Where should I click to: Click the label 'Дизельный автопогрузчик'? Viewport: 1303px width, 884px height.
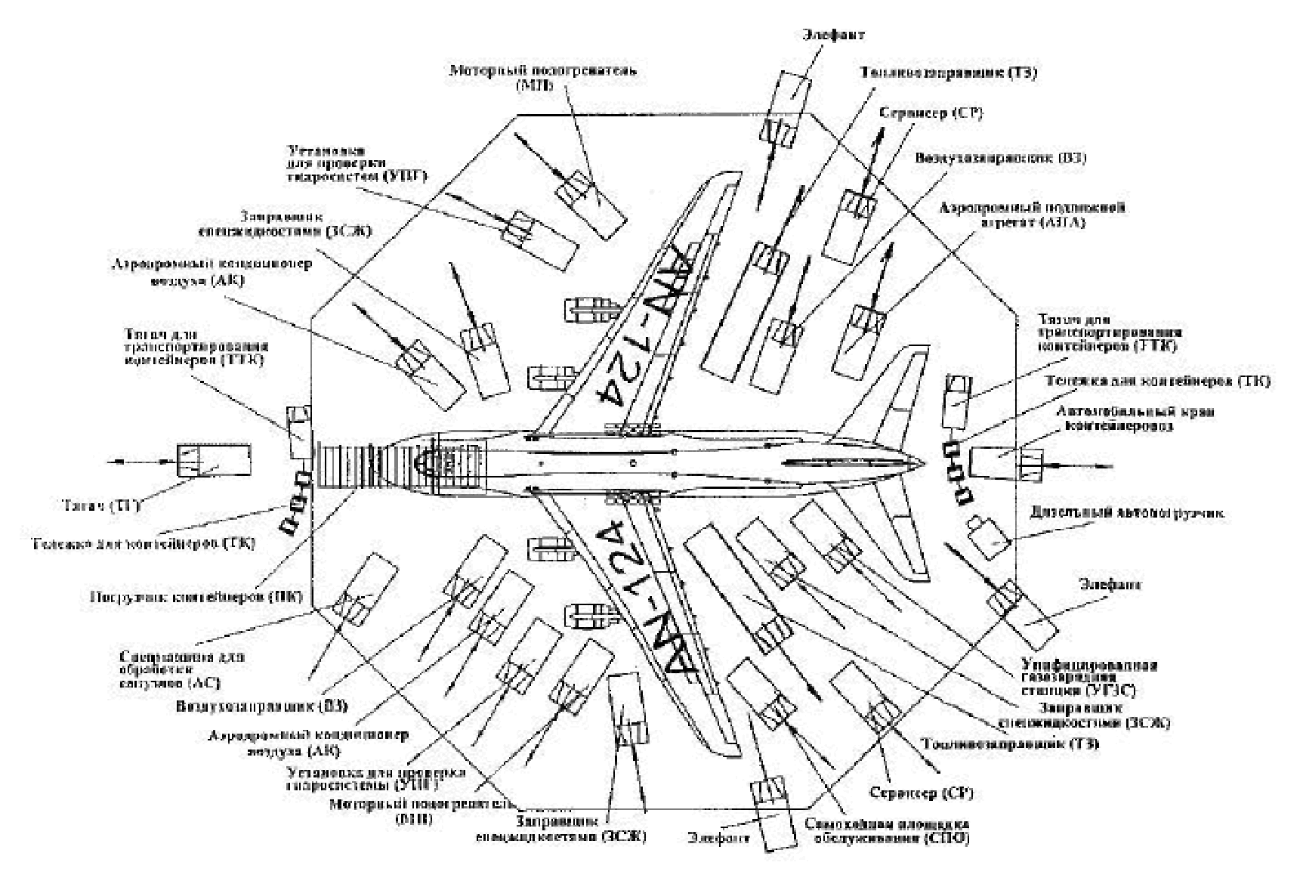(x=1128, y=514)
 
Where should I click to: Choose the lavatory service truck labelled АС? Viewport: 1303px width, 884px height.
(x=364, y=589)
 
